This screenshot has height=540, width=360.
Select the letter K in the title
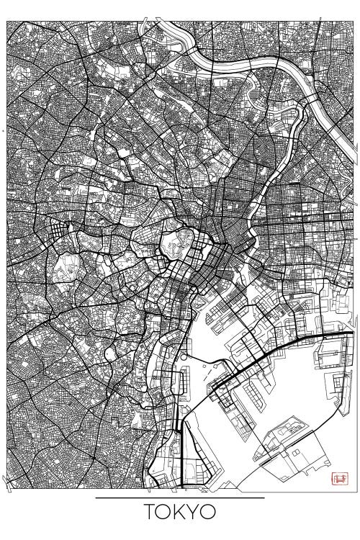[181, 513]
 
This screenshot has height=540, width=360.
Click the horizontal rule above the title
[180, 497]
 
